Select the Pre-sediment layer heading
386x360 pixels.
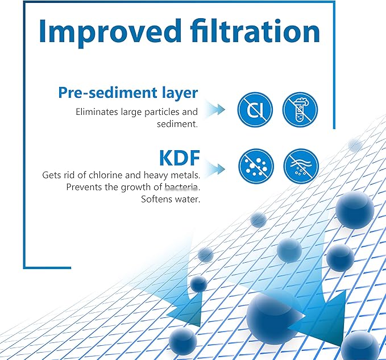[x=128, y=93]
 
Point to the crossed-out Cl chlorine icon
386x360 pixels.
[x=255, y=110]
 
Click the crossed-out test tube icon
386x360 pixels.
[x=300, y=110]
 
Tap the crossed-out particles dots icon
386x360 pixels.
[x=255, y=167]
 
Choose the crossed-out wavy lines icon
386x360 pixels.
[x=301, y=167]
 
